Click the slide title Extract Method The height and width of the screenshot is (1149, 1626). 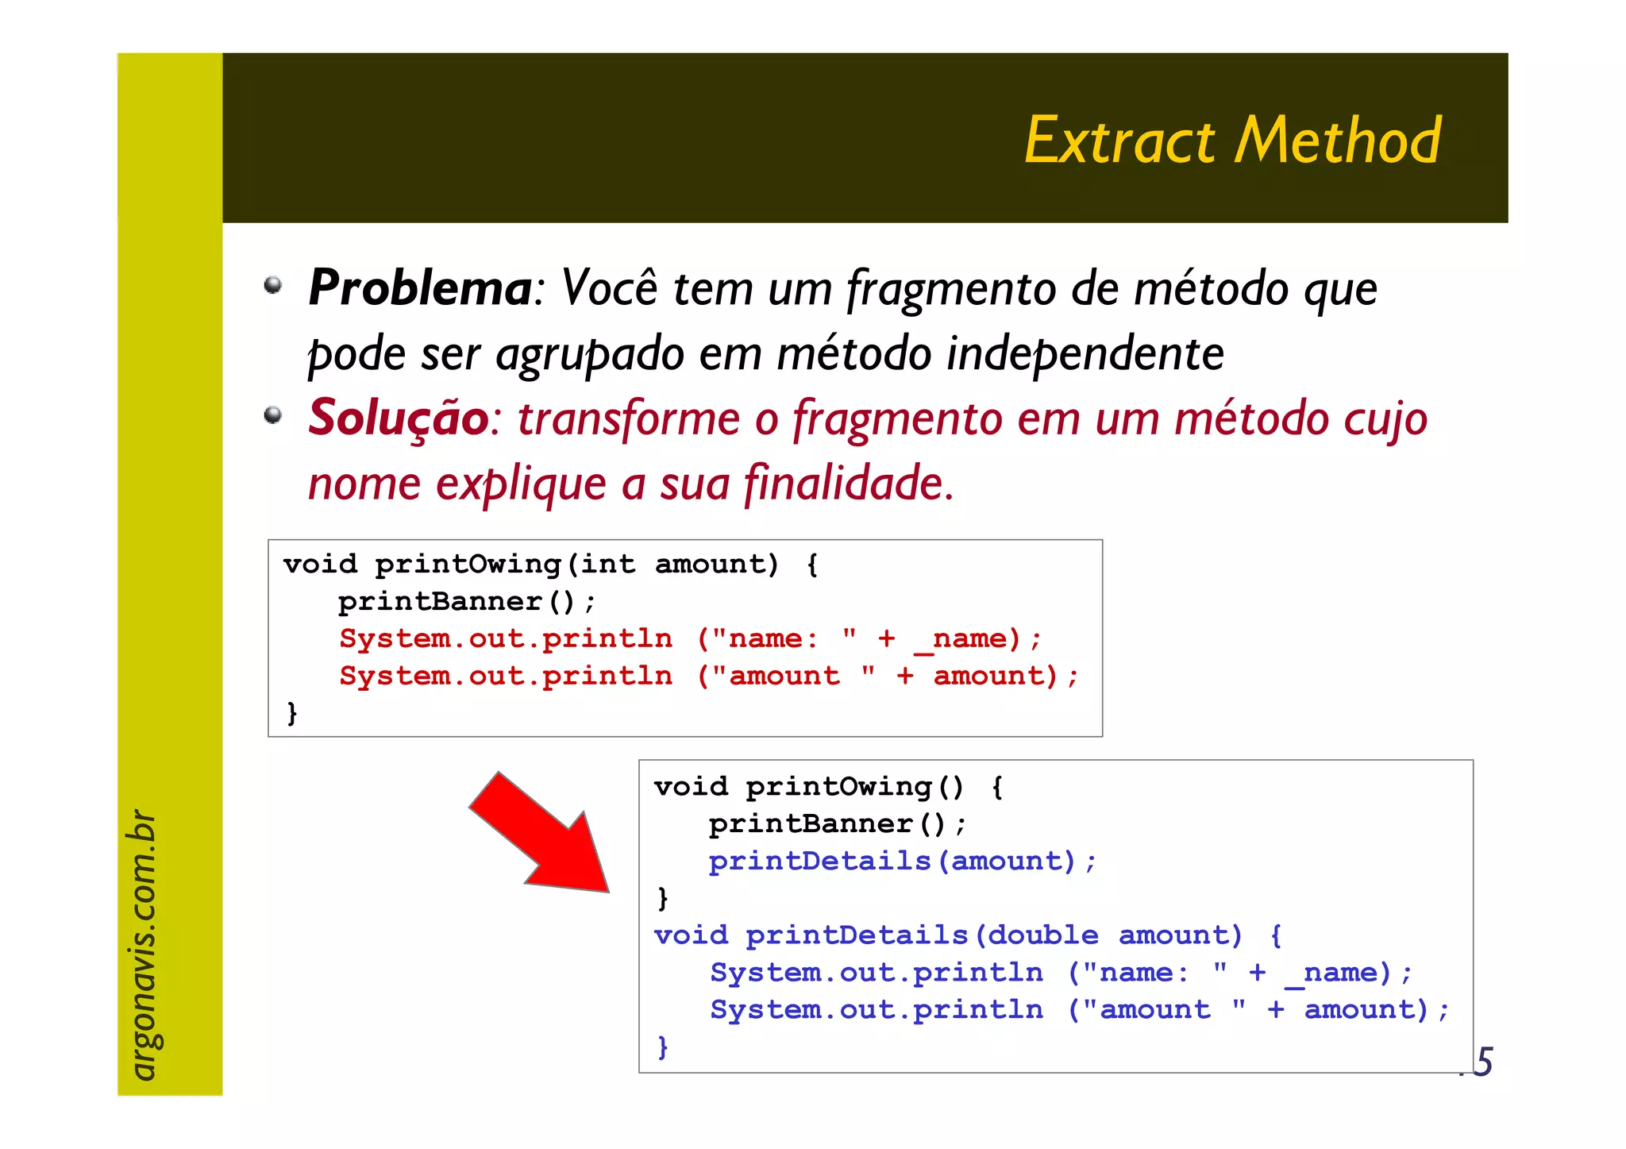click(x=1232, y=141)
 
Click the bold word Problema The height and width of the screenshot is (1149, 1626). click(x=419, y=287)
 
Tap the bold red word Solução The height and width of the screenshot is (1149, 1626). click(x=398, y=418)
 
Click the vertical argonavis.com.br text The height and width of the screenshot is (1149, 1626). click(x=143, y=944)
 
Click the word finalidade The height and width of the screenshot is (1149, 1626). click(x=848, y=484)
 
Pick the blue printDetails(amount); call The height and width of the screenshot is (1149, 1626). click(x=902, y=862)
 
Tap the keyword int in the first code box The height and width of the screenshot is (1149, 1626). click(x=607, y=565)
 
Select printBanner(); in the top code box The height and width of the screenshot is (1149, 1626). click(x=466, y=602)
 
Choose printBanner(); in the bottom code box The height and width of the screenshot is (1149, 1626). click(x=837, y=824)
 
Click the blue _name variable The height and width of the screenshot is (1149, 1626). click(x=1338, y=973)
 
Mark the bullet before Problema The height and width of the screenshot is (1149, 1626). click(x=273, y=285)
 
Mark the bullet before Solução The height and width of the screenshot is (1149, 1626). click(x=273, y=415)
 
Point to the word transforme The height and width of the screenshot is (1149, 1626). click(x=628, y=418)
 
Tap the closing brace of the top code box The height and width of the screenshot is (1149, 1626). click(x=292, y=713)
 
